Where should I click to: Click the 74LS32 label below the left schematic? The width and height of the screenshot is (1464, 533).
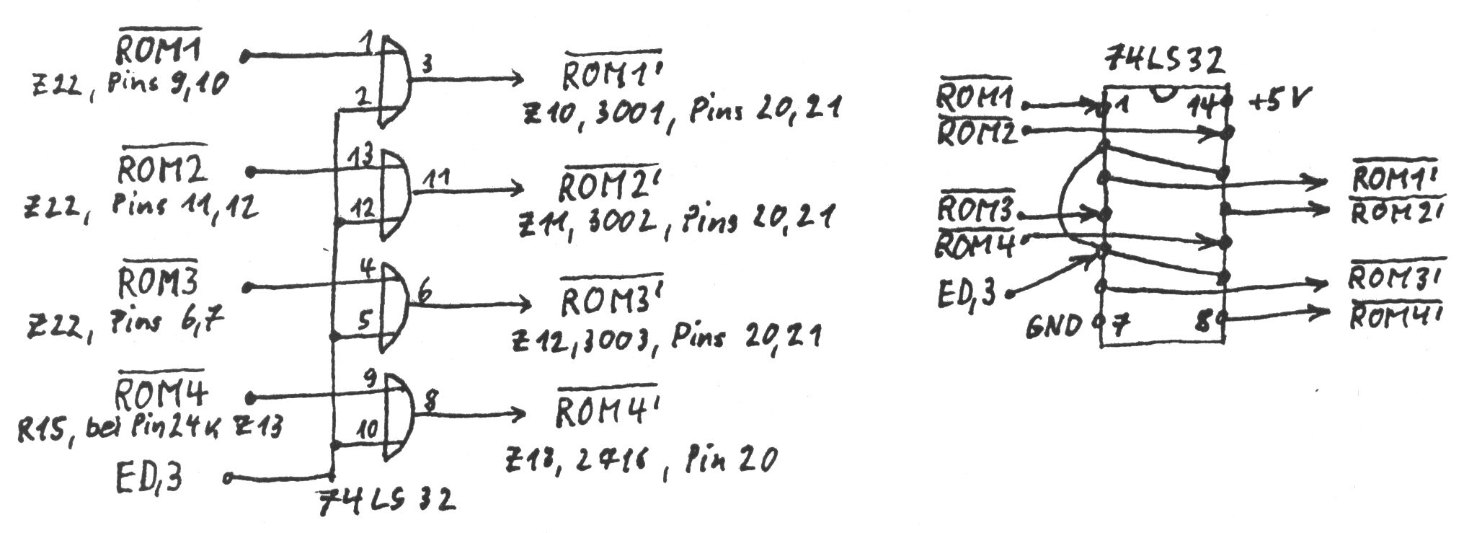pos(388,499)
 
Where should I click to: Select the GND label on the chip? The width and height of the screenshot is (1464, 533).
pos(1055,325)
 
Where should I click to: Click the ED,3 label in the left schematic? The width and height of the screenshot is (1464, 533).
pos(149,476)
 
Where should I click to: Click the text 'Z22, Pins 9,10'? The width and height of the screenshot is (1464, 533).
pos(130,85)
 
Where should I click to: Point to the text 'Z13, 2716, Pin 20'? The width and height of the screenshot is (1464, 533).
pos(642,458)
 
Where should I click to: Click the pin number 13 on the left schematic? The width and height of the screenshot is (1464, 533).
pos(360,157)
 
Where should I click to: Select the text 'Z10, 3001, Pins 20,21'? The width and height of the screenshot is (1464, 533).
pos(682,112)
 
